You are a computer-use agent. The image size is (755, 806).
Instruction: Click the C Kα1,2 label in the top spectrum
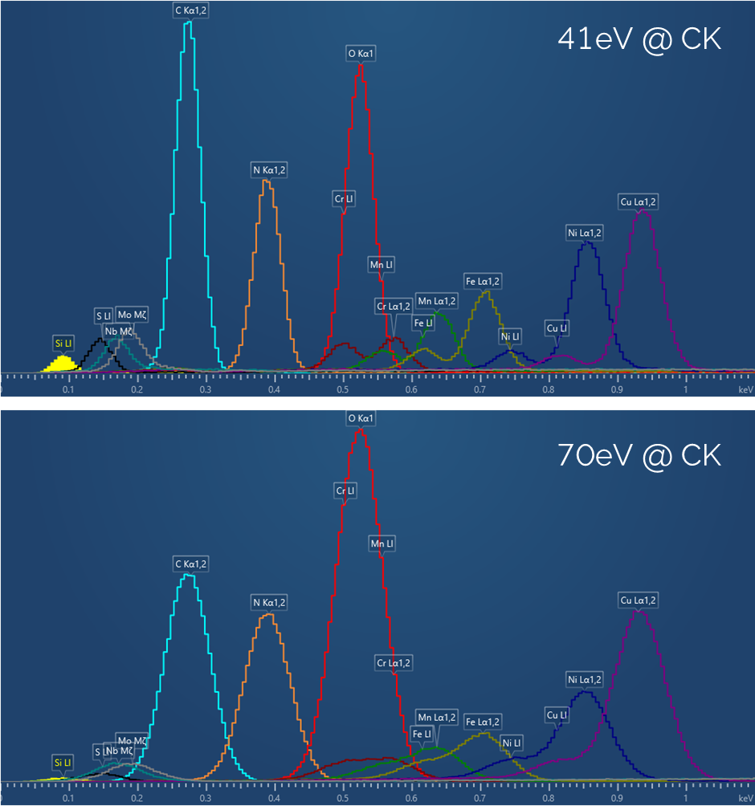coord(191,10)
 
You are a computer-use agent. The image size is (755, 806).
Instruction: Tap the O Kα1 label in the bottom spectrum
coord(361,418)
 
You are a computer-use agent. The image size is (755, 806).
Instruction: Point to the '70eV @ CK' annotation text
coord(639,455)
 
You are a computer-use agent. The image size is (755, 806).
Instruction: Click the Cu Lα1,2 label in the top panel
coord(639,201)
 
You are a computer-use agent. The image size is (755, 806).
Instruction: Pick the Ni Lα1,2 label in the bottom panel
coord(585,680)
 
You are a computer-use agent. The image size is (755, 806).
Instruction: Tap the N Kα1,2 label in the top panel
coord(269,170)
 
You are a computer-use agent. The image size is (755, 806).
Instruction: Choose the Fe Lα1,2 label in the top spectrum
coord(483,281)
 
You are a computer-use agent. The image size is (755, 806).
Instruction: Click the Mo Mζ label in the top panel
coord(132,314)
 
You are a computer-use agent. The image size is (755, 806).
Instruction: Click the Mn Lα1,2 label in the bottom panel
coord(436,717)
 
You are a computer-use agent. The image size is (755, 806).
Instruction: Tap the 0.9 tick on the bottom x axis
coord(617,799)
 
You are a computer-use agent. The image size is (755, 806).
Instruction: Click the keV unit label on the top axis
coord(745,389)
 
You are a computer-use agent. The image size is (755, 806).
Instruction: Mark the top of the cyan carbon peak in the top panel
coord(188,22)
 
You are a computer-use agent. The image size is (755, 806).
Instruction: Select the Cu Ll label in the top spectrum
coord(557,328)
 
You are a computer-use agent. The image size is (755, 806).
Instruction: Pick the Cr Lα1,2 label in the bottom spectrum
coord(394,663)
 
